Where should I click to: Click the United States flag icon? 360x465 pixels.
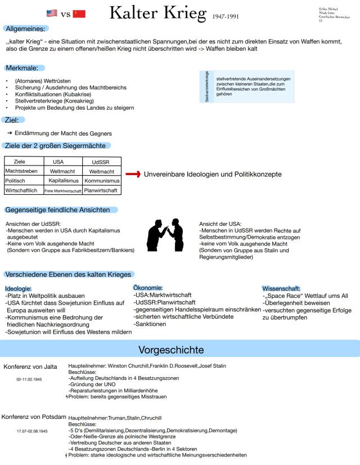click(52, 14)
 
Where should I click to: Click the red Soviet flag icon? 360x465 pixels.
click(79, 14)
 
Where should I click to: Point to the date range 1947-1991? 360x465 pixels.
click(226, 16)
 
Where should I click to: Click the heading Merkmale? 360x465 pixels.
click(21, 68)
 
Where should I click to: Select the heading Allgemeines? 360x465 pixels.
click(26, 28)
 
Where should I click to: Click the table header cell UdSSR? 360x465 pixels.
click(101, 162)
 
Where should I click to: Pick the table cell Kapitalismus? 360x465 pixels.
click(62, 181)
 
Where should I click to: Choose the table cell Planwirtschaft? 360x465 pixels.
click(101, 190)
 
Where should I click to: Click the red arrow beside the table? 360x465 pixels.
click(133, 175)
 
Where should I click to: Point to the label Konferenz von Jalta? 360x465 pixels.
click(30, 367)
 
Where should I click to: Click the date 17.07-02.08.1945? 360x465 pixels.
click(32, 431)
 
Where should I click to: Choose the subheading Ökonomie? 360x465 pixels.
click(148, 288)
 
